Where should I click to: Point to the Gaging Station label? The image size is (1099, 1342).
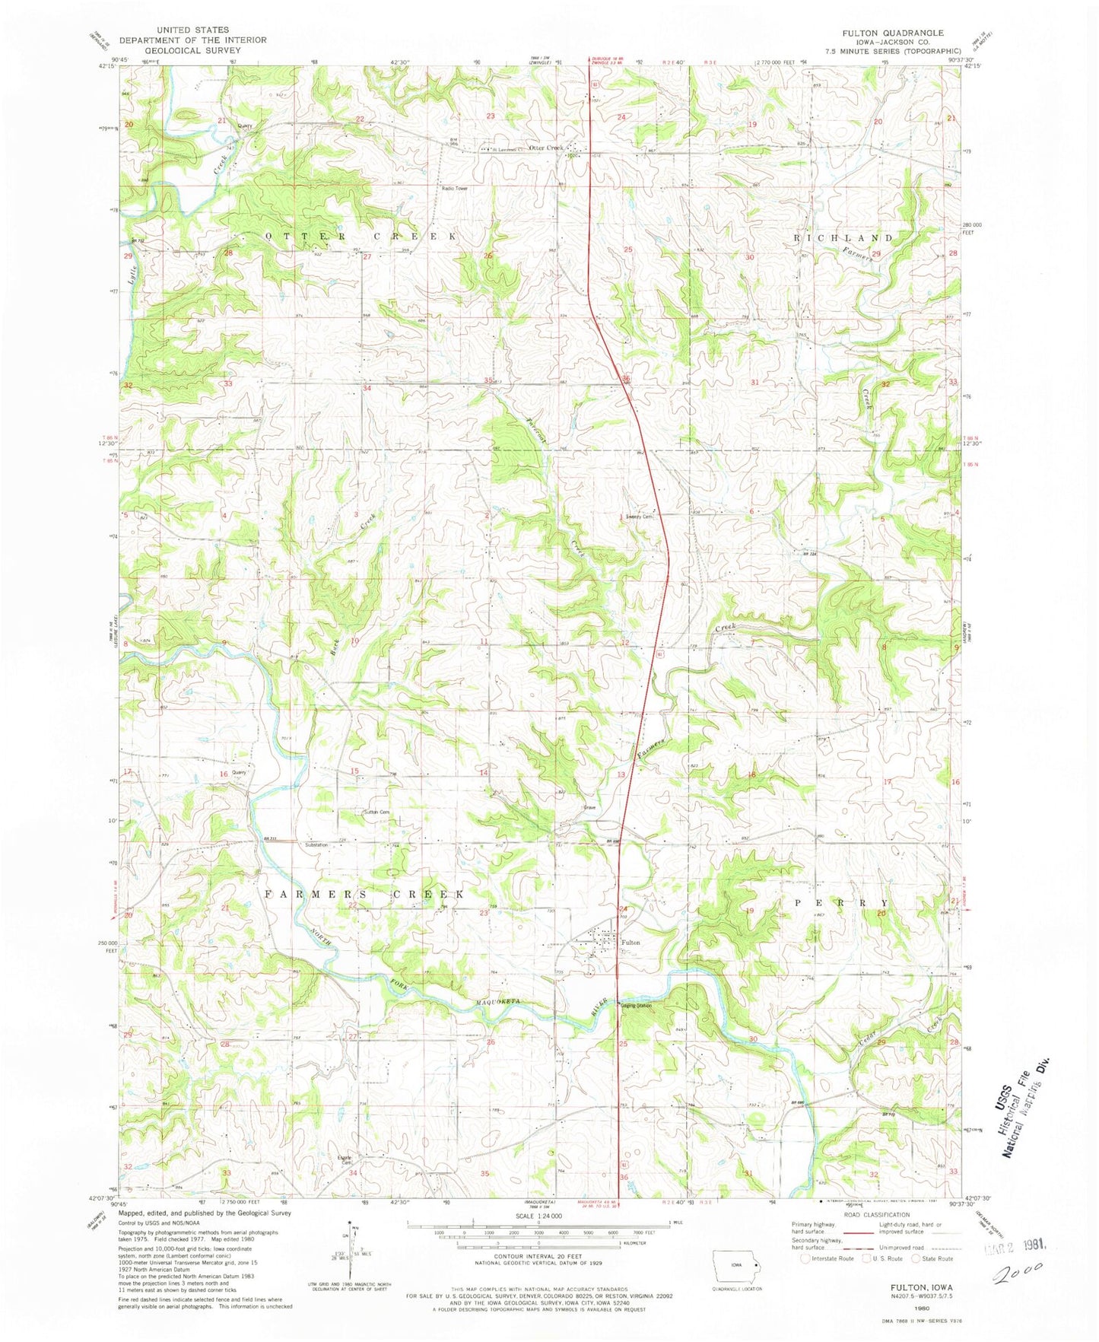[637, 1006]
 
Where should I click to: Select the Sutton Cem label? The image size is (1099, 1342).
[377, 813]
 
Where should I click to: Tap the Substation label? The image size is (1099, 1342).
[316, 844]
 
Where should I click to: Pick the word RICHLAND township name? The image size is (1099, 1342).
[843, 238]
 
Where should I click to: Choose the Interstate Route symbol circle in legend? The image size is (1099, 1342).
[805, 1258]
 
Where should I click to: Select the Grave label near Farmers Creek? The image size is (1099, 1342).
[589, 808]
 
